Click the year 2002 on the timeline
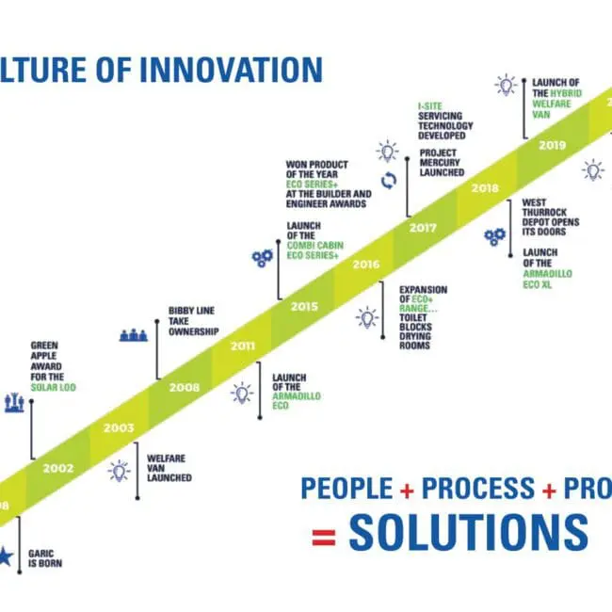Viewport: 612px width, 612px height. (x=57, y=467)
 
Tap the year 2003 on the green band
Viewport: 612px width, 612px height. (x=119, y=427)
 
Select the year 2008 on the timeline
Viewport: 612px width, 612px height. (x=185, y=386)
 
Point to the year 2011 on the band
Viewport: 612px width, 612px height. (x=243, y=346)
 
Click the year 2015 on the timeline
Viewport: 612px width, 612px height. (x=304, y=306)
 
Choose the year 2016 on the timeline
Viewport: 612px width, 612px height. (x=365, y=265)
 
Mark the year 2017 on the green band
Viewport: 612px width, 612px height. (x=425, y=227)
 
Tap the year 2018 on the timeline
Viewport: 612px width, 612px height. (x=486, y=188)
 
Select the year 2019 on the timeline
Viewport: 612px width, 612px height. (x=553, y=146)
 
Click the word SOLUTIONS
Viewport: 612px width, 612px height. (x=468, y=533)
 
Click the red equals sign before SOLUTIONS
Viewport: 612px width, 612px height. (x=323, y=538)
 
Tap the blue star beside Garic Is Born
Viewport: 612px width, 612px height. (x=6, y=557)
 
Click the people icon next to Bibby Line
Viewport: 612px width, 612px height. (x=135, y=334)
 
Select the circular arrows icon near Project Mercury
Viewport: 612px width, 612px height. (x=387, y=180)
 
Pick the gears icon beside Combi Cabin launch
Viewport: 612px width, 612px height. (x=263, y=257)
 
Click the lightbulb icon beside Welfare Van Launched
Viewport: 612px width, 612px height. (x=120, y=471)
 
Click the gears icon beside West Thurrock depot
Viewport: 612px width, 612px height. (x=494, y=236)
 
